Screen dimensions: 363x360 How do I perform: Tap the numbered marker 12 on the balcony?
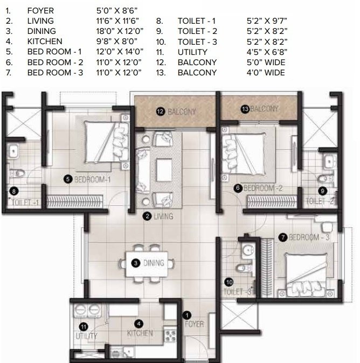[x=160, y=111]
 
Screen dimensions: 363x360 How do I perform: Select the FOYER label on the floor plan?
[x=194, y=324]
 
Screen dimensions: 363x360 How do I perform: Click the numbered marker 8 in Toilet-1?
[x=15, y=190]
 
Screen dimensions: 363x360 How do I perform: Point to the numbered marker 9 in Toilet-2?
[x=322, y=190]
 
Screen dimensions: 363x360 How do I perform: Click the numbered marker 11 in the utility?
[x=83, y=326]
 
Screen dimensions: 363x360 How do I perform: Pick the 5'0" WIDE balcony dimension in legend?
[x=265, y=62]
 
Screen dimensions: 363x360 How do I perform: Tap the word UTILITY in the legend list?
[x=192, y=52]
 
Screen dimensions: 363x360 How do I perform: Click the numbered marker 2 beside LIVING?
[x=147, y=217]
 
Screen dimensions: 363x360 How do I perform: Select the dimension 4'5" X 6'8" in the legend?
[x=265, y=52]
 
